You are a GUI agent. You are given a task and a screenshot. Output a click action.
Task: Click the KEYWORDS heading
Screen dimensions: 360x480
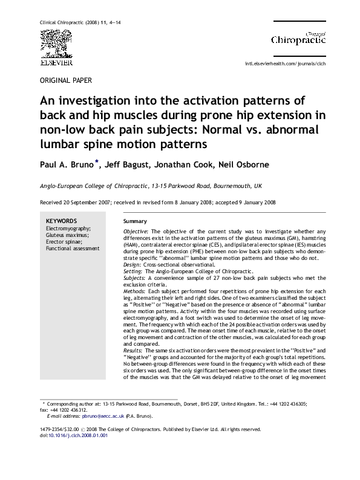61,221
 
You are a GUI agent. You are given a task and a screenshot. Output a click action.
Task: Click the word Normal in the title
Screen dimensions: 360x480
221,129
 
